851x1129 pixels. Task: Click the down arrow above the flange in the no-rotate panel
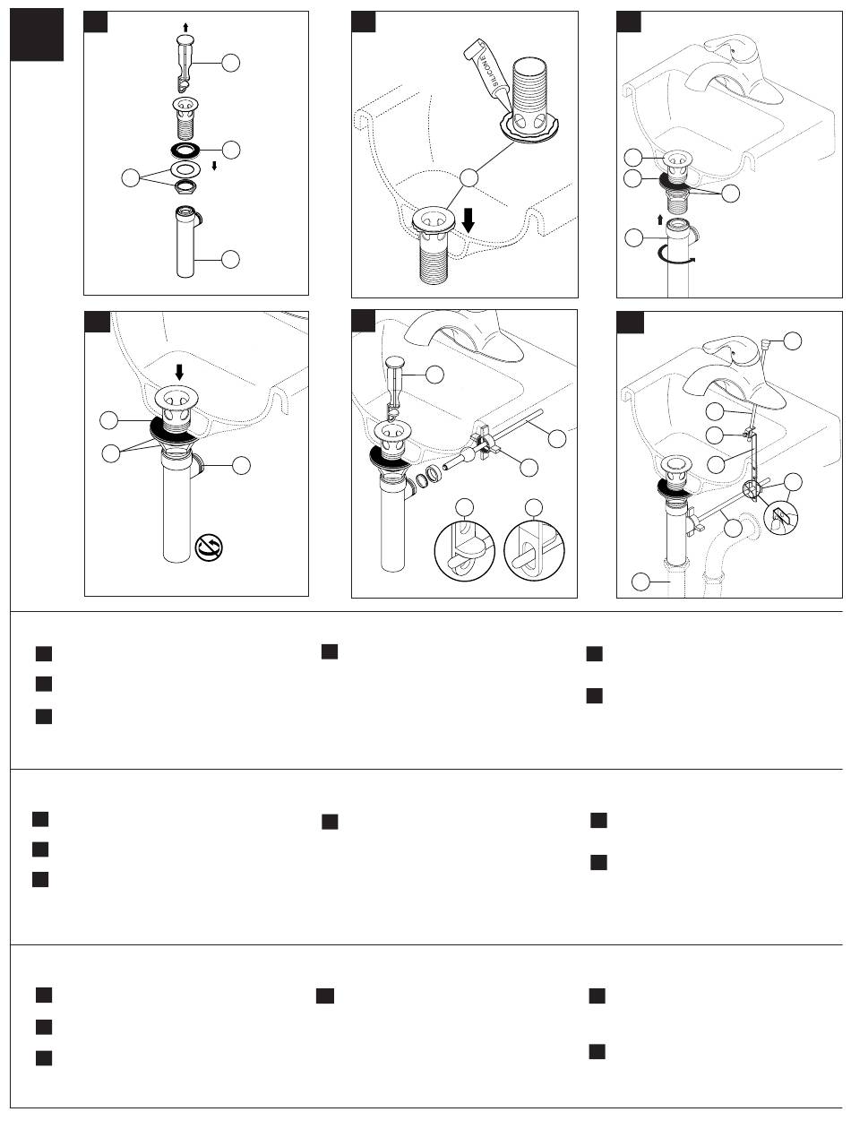point(180,370)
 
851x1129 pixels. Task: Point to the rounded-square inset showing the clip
point(780,519)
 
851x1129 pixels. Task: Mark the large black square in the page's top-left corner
point(37,36)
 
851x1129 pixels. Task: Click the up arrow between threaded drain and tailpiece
point(660,219)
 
